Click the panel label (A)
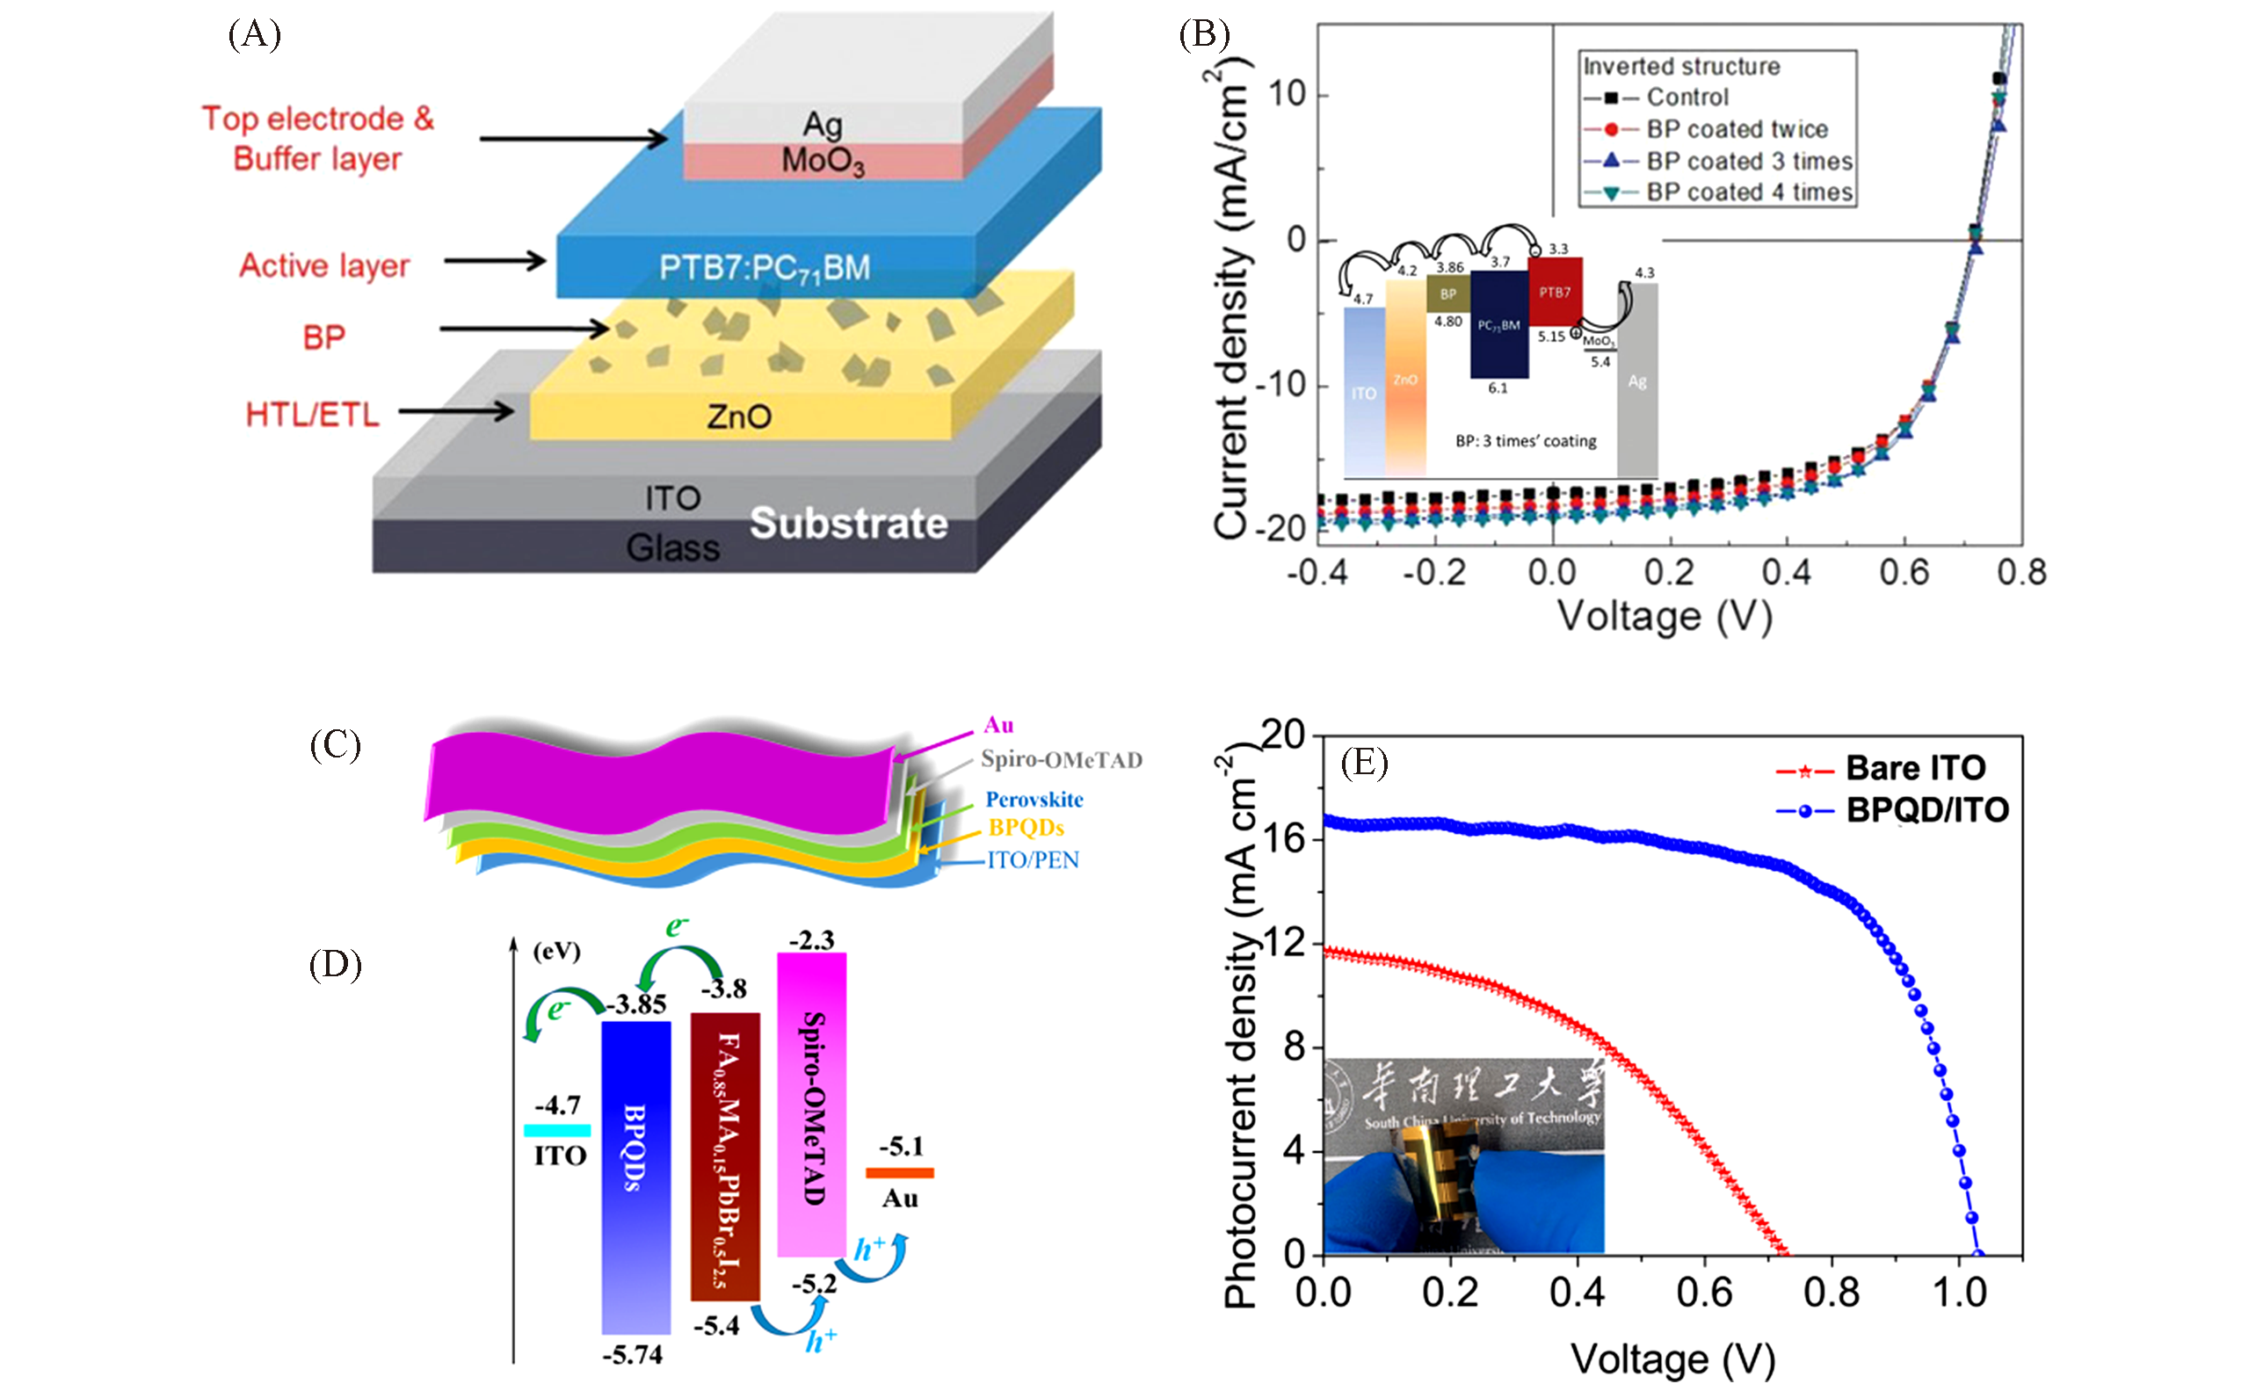pos(254,35)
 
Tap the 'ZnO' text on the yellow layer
pos(739,417)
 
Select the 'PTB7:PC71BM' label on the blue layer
pos(765,268)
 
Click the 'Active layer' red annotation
pos(324,265)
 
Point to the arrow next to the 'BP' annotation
pos(524,329)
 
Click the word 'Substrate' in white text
pos(849,524)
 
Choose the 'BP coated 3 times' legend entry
pos(1749,161)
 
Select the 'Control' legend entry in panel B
pos(1687,97)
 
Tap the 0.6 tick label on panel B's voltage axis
pos(1904,573)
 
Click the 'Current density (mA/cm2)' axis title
pos(1231,293)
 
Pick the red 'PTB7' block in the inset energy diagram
pos(1555,292)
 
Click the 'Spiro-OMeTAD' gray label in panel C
pos(1061,760)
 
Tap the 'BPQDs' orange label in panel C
pos(1026,828)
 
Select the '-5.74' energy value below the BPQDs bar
pos(632,1355)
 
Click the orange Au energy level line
pos(900,1172)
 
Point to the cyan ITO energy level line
pos(556,1130)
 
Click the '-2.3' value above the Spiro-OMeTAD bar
pos(811,940)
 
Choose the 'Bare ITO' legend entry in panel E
pos(1915,768)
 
